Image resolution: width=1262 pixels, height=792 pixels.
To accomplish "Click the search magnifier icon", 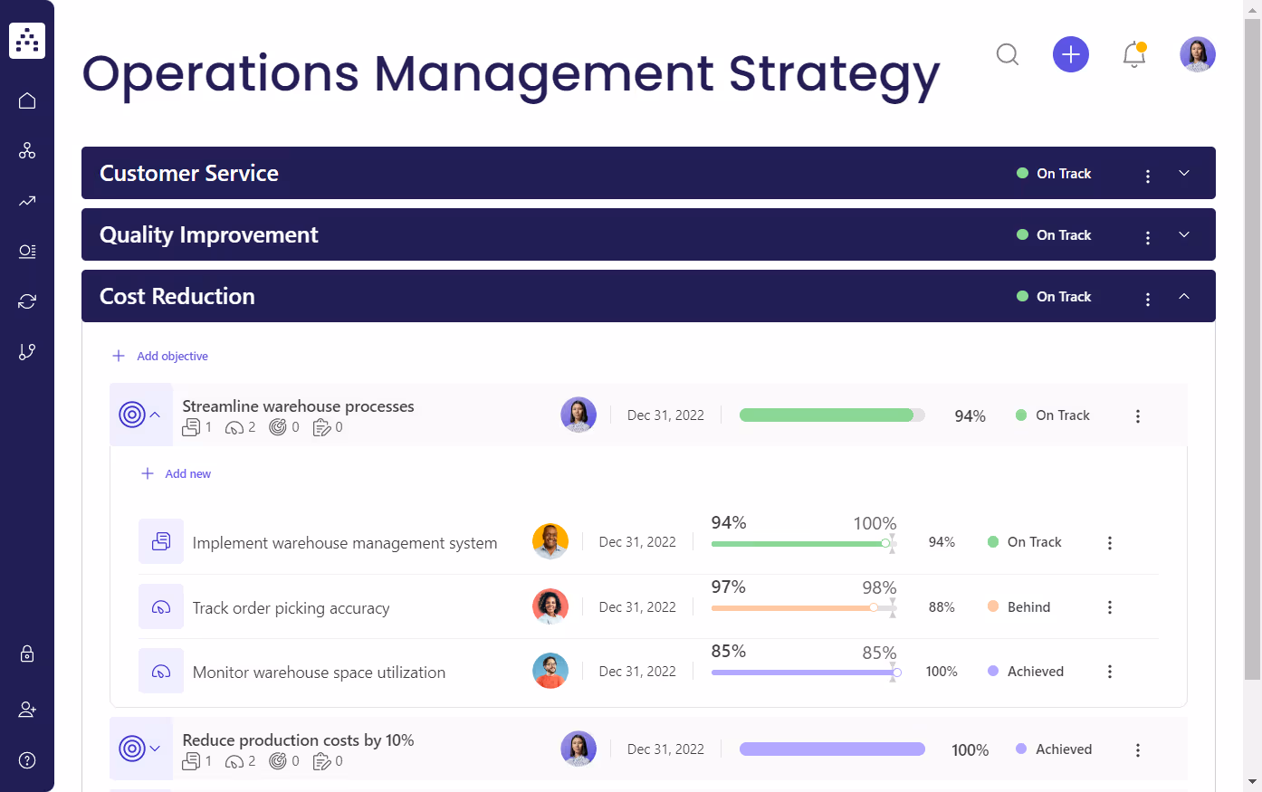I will pos(1007,55).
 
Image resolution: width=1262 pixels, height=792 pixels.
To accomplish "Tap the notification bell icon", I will pos(1133,55).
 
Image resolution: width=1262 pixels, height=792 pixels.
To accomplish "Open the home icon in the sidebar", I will pos(27,100).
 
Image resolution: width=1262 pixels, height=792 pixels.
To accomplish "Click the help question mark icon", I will pos(27,760).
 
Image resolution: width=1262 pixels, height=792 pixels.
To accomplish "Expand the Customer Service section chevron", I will pos(1183,174).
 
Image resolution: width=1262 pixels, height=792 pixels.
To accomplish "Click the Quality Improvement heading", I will pos(208,235).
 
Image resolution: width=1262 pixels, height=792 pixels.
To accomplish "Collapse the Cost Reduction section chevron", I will pos(1183,297).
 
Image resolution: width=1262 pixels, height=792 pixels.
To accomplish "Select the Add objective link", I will pos(172,357).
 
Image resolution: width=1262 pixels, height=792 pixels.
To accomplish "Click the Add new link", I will pos(187,474).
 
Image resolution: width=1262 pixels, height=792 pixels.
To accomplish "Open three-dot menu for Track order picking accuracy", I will pos(1109,607).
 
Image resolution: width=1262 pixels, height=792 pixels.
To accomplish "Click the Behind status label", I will pos(1028,607).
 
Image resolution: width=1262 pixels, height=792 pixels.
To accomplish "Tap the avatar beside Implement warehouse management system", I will pos(550,542).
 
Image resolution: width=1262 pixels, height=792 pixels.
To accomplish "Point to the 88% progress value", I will pos(942,607).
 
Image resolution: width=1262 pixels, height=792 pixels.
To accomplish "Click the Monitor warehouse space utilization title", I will pos(319,673).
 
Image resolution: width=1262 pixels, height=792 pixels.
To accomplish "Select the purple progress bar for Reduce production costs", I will pos(831,749).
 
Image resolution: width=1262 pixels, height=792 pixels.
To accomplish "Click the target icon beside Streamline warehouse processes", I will pos(132,415).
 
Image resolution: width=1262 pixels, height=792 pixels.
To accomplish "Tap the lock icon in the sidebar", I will pos(27,654).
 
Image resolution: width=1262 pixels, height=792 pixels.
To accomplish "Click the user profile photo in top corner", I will pos(1197,55).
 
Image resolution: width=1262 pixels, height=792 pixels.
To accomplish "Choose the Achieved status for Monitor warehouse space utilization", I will pos(1035,672).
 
